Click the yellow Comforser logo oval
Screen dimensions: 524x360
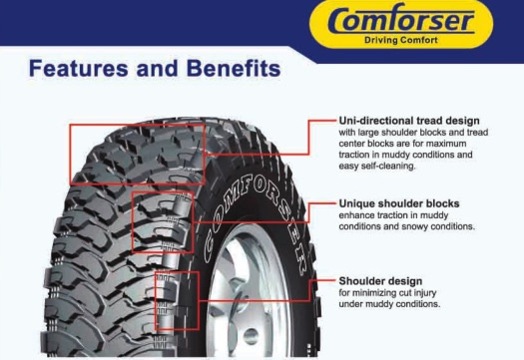(x=400, y=24)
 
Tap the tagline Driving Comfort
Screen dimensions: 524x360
(x=400, y=40)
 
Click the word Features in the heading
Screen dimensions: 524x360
(x=79, y=68)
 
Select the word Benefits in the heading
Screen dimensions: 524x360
(x=234, y=68)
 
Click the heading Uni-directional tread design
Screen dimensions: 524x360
(x=409, y=121)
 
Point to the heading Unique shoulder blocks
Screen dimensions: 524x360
(x=399, y=203)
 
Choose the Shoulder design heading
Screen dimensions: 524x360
(x=380, y=281)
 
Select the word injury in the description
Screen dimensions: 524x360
(x=425, y=293)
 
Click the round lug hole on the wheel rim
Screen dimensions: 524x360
(x=251, y=336)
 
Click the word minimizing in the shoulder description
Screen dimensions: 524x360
(x=374, y=293)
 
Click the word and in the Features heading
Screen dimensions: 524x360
(x=157, y=68)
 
